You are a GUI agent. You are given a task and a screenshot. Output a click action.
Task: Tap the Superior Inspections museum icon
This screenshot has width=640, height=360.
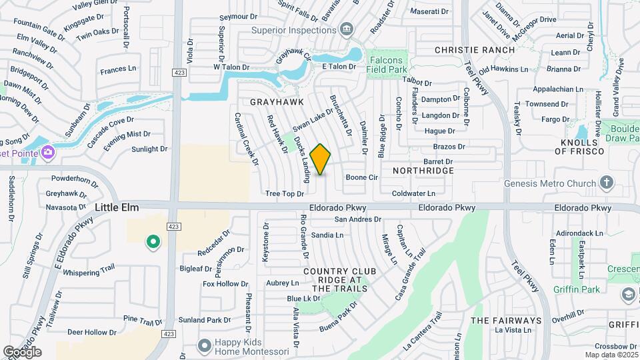pyautogui.click(x=346, y=29)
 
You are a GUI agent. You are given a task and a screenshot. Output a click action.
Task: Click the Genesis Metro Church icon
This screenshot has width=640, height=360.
pyautogui.click(x=606, y=182)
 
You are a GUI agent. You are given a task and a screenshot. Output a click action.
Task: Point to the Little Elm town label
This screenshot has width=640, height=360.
pyautogui.click(x=117, y=208)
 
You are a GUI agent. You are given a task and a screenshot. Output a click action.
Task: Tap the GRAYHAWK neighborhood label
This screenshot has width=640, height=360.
pyautogui.click(x=277, y=102)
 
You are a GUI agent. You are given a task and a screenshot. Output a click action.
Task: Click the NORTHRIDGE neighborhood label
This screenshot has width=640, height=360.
pyautogui.click(x=423, y=171)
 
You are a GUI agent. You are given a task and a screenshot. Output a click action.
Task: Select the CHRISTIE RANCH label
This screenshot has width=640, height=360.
pyautogui.click(x=475, y=50)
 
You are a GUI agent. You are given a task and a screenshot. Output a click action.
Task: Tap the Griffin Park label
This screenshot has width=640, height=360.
pyautogui.click(x=576, y=289)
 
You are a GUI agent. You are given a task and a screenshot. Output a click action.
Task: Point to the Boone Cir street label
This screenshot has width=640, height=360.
pyautogui.click(x=362, y=178)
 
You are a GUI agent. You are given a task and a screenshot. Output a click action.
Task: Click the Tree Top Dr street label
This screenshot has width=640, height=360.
pyautogui.click(x=285, y=193)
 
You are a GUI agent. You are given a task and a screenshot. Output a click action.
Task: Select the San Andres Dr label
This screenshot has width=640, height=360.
pyautogui.click(x=357, y=219)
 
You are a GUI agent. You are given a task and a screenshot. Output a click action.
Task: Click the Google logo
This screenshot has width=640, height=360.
pyautogui.click(x=21, y=352)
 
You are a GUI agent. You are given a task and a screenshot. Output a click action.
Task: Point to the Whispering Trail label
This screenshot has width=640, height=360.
pyautogui.click(x=90, y=272)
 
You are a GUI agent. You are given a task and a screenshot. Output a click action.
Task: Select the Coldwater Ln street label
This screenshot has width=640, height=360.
pyautogui.click(x=413, y=193)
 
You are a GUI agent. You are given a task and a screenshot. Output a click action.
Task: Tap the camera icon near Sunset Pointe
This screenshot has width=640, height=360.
pyautogui.click(x=48, y=153)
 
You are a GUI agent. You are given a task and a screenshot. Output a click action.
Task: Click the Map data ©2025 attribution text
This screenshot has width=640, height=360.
pyautogui.click(x=611, y=355)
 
